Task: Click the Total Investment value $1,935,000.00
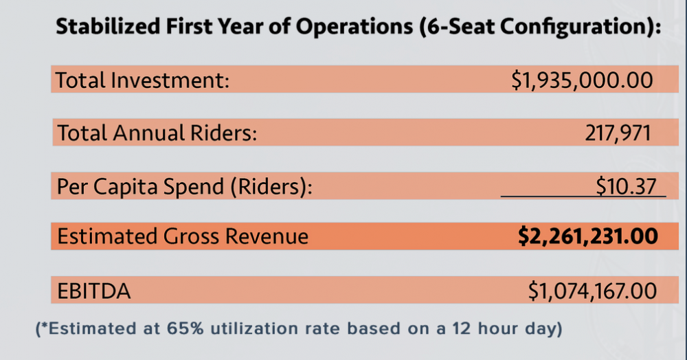coord(582,80)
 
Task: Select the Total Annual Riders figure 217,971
coord(616,133)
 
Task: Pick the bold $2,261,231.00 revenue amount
coord(587,236)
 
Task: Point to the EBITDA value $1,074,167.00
coord(592,291)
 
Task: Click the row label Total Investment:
coord(142,80)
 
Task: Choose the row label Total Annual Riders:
coord(157,133)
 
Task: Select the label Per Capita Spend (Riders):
coord(184,186)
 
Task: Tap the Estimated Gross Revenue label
coord(183,236)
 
